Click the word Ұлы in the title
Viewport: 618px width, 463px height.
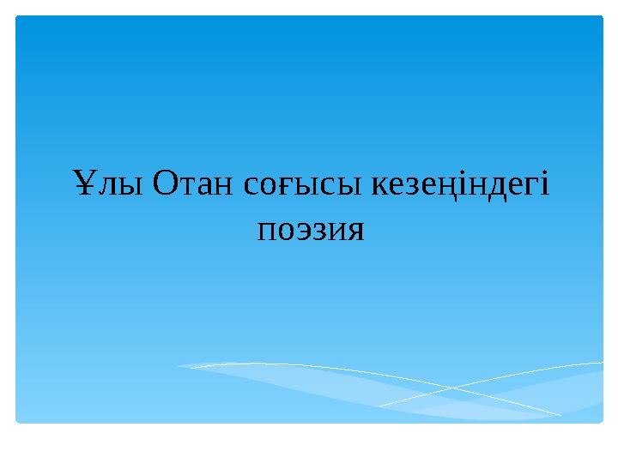point(108,183)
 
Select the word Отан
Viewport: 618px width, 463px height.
point(193,183)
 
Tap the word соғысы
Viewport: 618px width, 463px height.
point(302,185)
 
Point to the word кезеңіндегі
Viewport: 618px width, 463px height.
point(460,186)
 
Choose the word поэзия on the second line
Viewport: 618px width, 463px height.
point(311,231)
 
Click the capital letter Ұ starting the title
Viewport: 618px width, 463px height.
point(85,183)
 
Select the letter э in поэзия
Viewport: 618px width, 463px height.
point(302,231)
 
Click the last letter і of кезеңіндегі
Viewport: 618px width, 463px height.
point(544,183)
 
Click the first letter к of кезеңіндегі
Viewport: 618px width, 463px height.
point(381,185)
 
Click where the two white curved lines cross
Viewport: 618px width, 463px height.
point(453,388)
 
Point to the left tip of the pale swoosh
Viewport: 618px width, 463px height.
point(179,366)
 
